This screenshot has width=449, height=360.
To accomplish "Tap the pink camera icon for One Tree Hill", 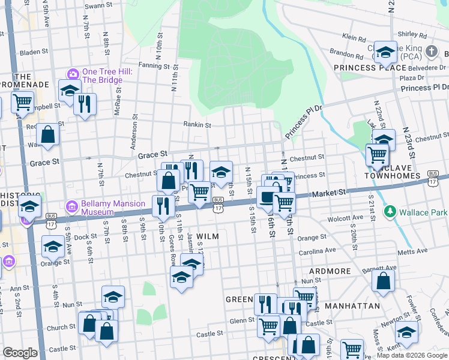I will coord(73,74).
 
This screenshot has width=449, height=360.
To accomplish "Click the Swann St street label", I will coord(99,6).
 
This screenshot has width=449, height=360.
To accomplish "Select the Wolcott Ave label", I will coord(350,217).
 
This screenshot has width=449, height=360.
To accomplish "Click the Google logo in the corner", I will coord(20,353).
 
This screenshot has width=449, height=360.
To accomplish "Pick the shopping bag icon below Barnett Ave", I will coord(382,282).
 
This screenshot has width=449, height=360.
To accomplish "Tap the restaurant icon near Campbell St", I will coord(85,104).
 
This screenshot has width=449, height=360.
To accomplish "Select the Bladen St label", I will coord(33,53).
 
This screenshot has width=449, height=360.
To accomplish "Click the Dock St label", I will coord(86,237).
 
